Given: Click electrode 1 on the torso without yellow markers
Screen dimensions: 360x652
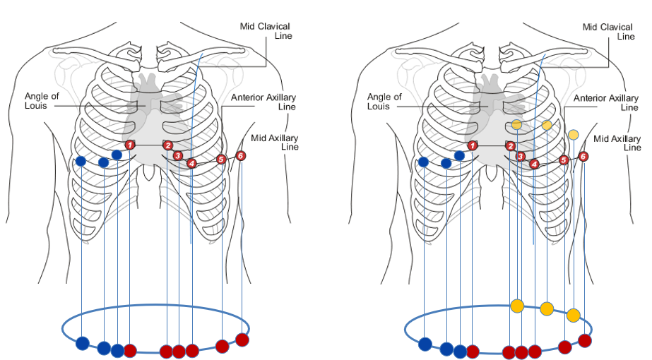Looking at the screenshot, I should [x=130, y=145].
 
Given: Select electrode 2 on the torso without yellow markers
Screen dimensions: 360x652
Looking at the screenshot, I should [x=168, y=145].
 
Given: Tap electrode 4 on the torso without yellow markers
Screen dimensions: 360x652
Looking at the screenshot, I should [x=192, y=164].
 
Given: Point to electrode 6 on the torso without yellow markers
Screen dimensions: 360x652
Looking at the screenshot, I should [x=241, y=155].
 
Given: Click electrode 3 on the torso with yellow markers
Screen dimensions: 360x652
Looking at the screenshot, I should [x=521, y=156].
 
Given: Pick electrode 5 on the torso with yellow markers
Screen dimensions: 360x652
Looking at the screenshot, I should [x=564, y=160].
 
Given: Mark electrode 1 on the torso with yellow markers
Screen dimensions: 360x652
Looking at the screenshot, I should [x=473, y=145].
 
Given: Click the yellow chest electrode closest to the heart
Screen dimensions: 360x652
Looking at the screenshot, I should [x=516, y=125].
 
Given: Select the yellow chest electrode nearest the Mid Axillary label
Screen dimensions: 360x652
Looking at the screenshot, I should [x=574, y=134].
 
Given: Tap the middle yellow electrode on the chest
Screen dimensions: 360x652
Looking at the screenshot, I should [x=547, y=125].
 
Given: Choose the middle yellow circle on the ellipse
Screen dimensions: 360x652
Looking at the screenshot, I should [x=547, y=308].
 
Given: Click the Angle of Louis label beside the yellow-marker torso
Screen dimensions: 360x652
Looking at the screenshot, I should [x=384, y=102].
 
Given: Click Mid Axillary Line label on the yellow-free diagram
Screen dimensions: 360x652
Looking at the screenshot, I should [x=279, y=142].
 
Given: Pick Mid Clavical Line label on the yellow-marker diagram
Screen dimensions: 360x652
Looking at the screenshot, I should [x=612, y=32].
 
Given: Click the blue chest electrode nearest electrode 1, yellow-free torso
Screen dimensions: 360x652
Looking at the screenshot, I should [x=117, y=155].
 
